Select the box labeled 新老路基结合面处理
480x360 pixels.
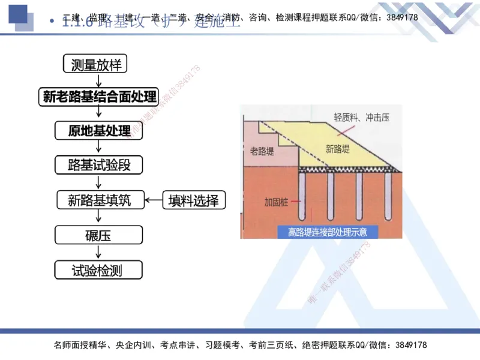(100, 97)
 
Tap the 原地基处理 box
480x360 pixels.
(100, 131)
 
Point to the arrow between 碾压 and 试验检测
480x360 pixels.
(98, 253)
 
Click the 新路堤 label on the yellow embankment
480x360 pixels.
(337, 149)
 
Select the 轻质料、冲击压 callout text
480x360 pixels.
(361, 118)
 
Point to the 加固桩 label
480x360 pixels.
(276, 202)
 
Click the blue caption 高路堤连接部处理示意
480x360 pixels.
(327, 232)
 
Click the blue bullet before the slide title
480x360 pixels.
(52, 23)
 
